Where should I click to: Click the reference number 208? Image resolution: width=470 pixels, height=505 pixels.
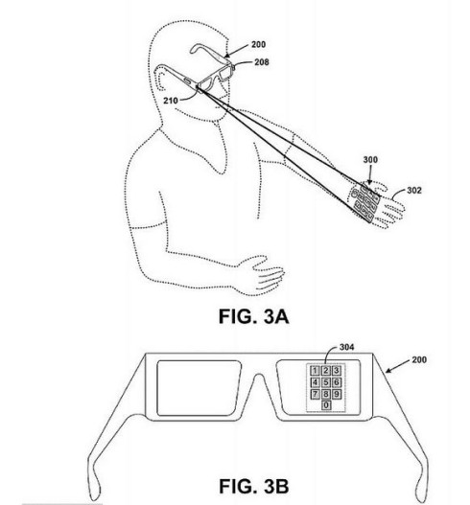(x=262, y=62)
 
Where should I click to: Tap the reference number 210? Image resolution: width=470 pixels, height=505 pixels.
(x=171, y=101)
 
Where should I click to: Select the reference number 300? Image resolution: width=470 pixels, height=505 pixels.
(x=370, y=160)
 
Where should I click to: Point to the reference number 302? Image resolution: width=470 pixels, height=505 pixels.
(x=414, y=191)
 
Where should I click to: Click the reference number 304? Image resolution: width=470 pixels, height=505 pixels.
(x=347, y=347)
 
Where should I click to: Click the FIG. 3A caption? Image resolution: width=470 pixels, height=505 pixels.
(x=253, y=316)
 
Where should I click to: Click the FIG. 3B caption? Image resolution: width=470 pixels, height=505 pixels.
(x=253, y=486)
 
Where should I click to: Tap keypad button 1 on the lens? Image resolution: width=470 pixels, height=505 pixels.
(x=315, y=371)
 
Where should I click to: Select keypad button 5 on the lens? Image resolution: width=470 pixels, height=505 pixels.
(x=325, y=382)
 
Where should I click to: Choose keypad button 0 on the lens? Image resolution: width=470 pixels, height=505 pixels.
(x=326, y=405)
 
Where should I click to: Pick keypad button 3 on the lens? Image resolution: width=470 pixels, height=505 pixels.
(x=337, y=371)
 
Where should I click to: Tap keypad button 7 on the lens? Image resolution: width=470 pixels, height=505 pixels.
(x=315, y=394)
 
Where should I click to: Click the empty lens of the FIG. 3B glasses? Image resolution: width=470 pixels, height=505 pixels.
(x=199, y=388)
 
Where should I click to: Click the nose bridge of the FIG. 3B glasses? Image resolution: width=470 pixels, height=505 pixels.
(x=258, y=381)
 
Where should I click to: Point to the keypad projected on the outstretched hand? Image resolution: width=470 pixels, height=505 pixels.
(x=364, y=202)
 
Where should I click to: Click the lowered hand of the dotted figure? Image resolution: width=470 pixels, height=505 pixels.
(x=261, y=275)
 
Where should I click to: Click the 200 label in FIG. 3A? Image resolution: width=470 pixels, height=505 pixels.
(x=259, y=44)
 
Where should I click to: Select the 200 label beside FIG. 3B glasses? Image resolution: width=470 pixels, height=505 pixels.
(x=419, y=359)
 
